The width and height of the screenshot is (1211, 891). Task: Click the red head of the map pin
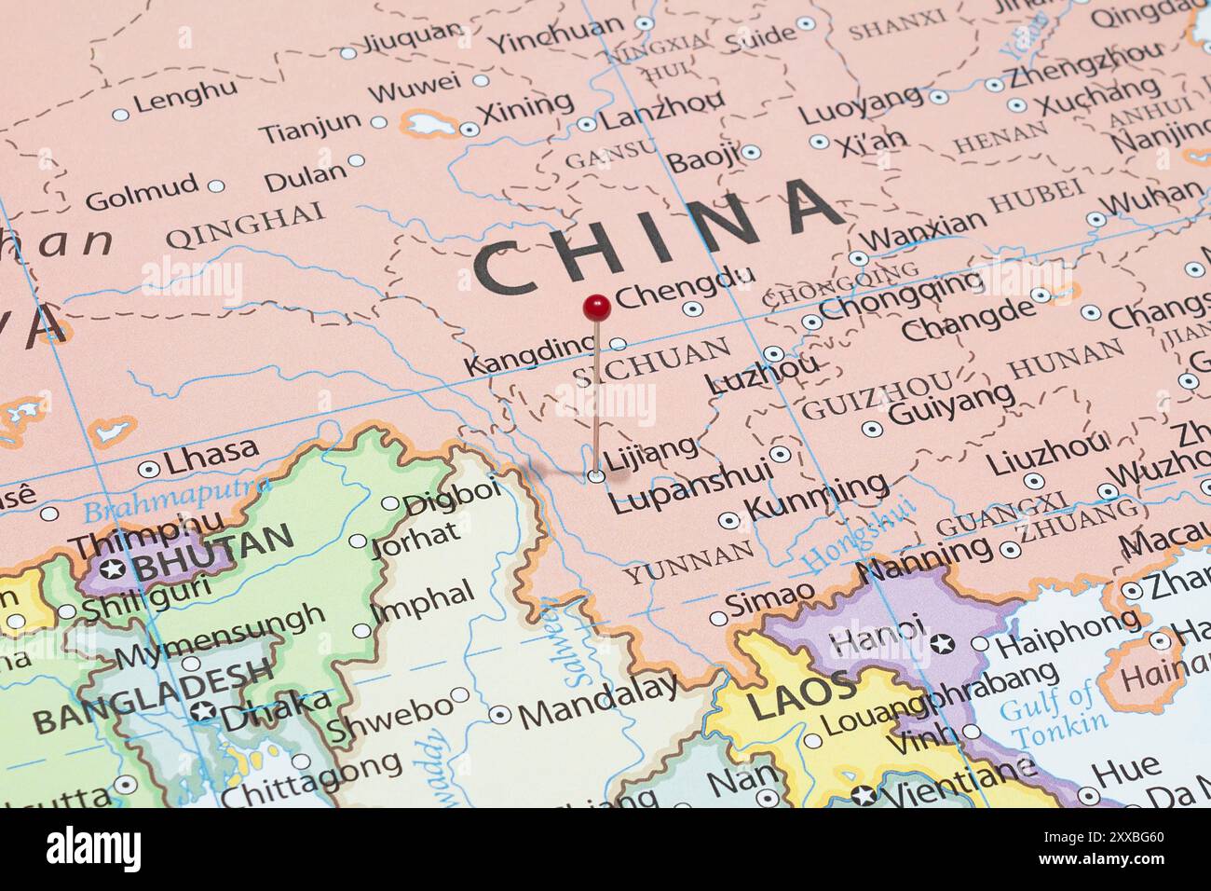click(596, 305)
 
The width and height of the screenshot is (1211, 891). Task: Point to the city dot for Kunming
click(729, 520)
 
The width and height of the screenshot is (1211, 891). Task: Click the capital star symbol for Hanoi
click(942, 642)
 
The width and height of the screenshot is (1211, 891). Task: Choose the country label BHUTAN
click(213, 551)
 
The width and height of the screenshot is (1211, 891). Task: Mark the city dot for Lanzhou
click(586, 124)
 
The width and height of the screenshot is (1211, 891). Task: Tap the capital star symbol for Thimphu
click(115, 569)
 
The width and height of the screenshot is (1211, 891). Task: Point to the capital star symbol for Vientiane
click(864, 796)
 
